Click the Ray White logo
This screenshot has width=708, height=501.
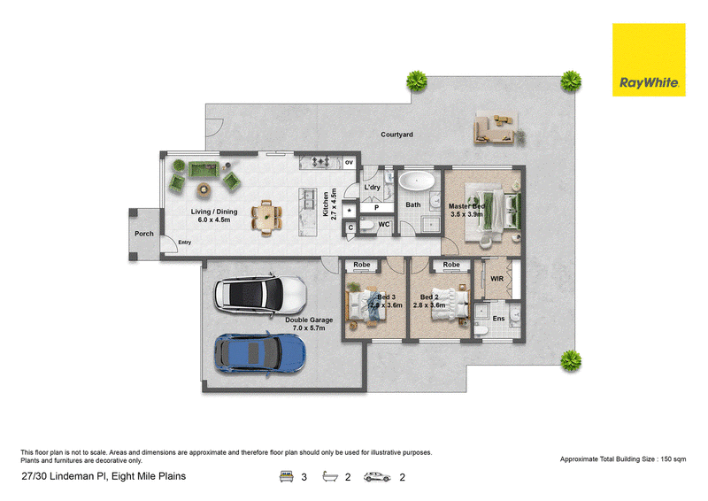[649, 59]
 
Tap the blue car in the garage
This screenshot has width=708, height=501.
[259, 354]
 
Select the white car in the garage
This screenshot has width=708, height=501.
[260, 296]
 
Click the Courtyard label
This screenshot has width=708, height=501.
[396, 135]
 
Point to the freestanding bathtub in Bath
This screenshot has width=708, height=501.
[416, 181]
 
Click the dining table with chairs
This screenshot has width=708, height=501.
[267, 219]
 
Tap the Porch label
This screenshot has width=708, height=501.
[144, 234]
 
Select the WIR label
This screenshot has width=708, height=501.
[496, 279]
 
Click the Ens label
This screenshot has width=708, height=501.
[498, 319]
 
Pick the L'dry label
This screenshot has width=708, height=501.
[372, 187]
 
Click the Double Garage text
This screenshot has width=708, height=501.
[309, 320]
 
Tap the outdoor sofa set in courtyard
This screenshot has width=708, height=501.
[495, 129]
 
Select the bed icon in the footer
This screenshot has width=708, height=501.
[286, 476]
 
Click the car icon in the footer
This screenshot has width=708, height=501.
[377, 476]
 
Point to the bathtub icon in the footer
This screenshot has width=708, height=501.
[330, 476]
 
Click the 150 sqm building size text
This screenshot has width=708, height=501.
[673, 459]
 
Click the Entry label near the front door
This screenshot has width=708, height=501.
[185, 243]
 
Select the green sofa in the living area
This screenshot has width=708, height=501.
[204, 169]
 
